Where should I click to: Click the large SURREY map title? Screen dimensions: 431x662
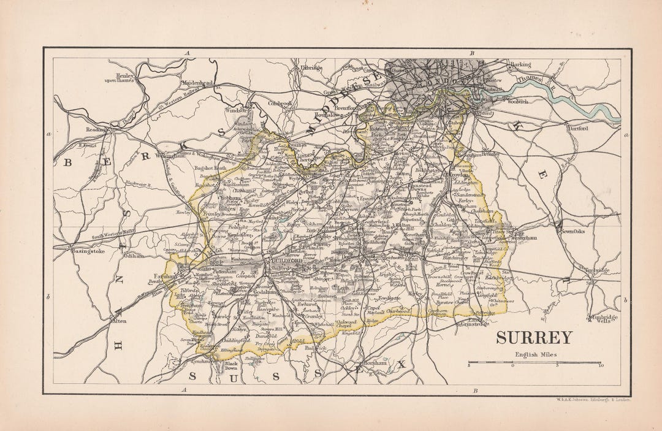tap(534, 338)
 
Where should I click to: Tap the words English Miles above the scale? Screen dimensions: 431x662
tap(534, 354)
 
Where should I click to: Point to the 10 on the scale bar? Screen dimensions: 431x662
tap(601, 367)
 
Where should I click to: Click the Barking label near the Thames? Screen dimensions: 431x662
tap(519, 64)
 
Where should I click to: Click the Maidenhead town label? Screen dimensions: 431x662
tap(196, 82)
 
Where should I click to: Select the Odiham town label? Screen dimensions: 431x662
tap(135, 256)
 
